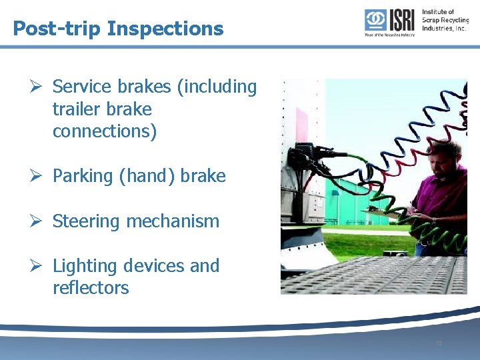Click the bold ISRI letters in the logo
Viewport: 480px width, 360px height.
401,20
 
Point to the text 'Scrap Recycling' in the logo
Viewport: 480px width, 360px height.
445,20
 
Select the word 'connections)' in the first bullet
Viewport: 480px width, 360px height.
105,131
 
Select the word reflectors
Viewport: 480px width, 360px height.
91,288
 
